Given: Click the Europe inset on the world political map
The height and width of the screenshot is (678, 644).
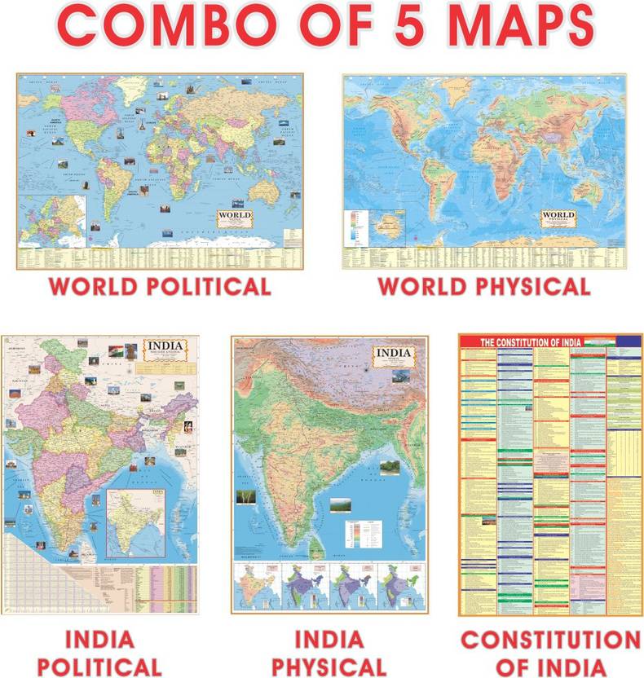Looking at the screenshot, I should [52, 219].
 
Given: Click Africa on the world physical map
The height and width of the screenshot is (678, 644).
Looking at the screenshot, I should [456, 162].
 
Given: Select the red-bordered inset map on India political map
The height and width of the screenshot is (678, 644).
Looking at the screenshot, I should [136, 522].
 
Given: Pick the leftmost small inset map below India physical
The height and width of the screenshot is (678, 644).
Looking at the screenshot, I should [256, 587].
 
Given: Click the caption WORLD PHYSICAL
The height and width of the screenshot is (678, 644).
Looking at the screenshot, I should [484, 287].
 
